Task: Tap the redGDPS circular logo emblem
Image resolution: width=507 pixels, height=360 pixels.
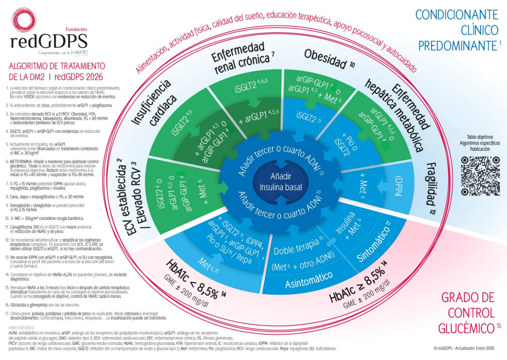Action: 24,22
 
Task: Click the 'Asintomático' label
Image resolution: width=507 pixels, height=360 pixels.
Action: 305,279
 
